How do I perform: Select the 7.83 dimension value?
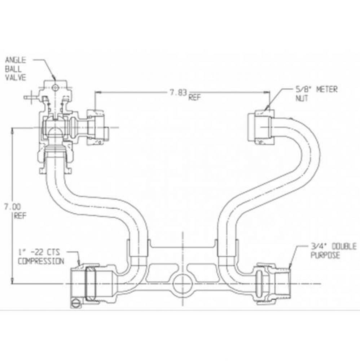click(x=179, y=92)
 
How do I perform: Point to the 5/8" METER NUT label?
click(x=315, y=93)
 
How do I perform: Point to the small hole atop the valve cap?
click(x=55, y=87)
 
